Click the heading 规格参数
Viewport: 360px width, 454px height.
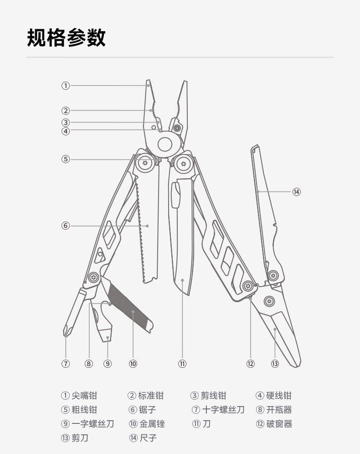(x=67, y=37)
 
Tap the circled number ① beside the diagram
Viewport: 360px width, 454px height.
(x=66, y=85)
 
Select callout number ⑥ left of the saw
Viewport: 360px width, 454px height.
(x=66, y=226)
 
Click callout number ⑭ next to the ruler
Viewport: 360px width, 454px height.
(x=297, y=192)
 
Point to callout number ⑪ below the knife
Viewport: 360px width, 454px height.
(x=182, y=364)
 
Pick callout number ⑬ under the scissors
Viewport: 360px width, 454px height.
(x=275, y=364)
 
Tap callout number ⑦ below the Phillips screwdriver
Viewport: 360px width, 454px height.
(x=66, y=364)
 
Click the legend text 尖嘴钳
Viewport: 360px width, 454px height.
(x=84, y=396)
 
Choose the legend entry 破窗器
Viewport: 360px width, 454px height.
(x=279, y=424)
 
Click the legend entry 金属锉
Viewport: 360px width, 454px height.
(x=152, y=424)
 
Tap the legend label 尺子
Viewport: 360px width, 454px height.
(x=148, y=438)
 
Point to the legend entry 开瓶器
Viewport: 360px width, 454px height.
(x=279, y=410)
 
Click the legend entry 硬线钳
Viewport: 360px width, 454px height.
(x=279, y=396)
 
